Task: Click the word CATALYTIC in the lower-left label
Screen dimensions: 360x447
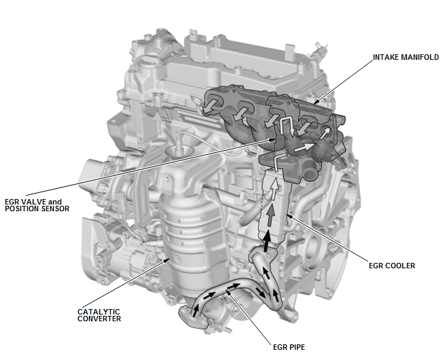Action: [95, 312]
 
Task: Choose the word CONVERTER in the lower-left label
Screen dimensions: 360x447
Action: [99, 319]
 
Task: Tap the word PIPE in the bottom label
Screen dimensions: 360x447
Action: [296, 346]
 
